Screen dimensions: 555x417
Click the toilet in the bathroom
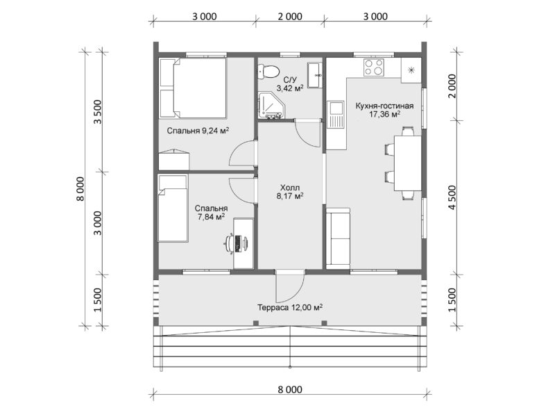[268, 72]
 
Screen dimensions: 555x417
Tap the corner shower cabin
[270, 106]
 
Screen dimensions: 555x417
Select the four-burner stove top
[375, 67]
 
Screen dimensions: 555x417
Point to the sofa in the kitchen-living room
[338, 237]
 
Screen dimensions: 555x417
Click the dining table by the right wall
[408, 163]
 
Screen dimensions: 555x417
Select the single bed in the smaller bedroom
[172, 208]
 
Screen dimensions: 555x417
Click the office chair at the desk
[232, 243]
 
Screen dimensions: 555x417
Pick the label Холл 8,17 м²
[290, 192]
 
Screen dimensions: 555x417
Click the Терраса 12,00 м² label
[290, 307]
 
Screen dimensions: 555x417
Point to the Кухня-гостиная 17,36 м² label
[384, 110]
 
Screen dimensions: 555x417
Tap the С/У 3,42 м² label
[290, 84]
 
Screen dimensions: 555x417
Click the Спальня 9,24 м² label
[198, 131]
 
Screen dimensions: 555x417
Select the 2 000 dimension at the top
[290, 16]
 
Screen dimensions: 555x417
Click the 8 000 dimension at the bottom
[290, 390]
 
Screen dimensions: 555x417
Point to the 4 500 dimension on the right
[453, 197]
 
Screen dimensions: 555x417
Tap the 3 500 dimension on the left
[98, 112]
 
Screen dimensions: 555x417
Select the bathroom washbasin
[315, 75]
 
